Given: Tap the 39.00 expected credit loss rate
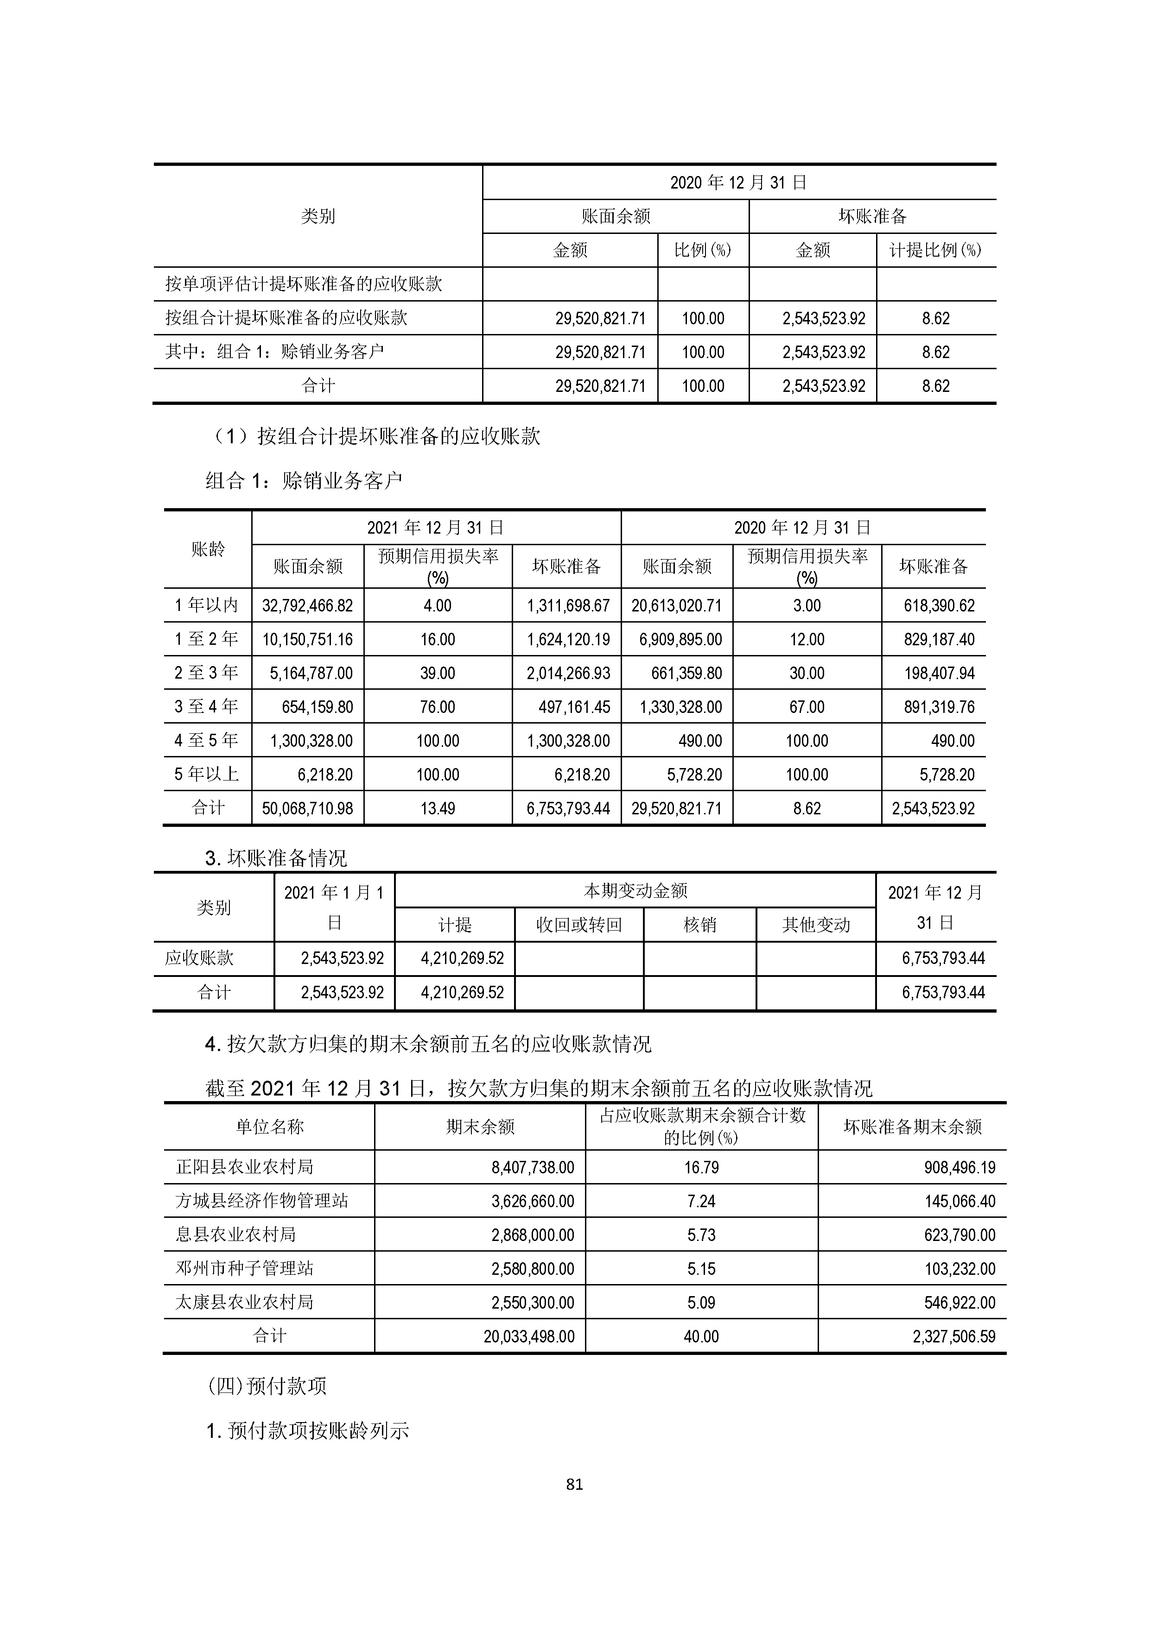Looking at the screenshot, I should [x=438, y=673].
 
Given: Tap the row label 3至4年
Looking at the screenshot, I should [x=206, y=706].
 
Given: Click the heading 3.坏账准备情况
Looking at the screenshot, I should [x=276, y=858].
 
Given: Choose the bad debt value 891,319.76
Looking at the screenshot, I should [x=939, y=707].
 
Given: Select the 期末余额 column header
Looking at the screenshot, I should [x=480, y=1127].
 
